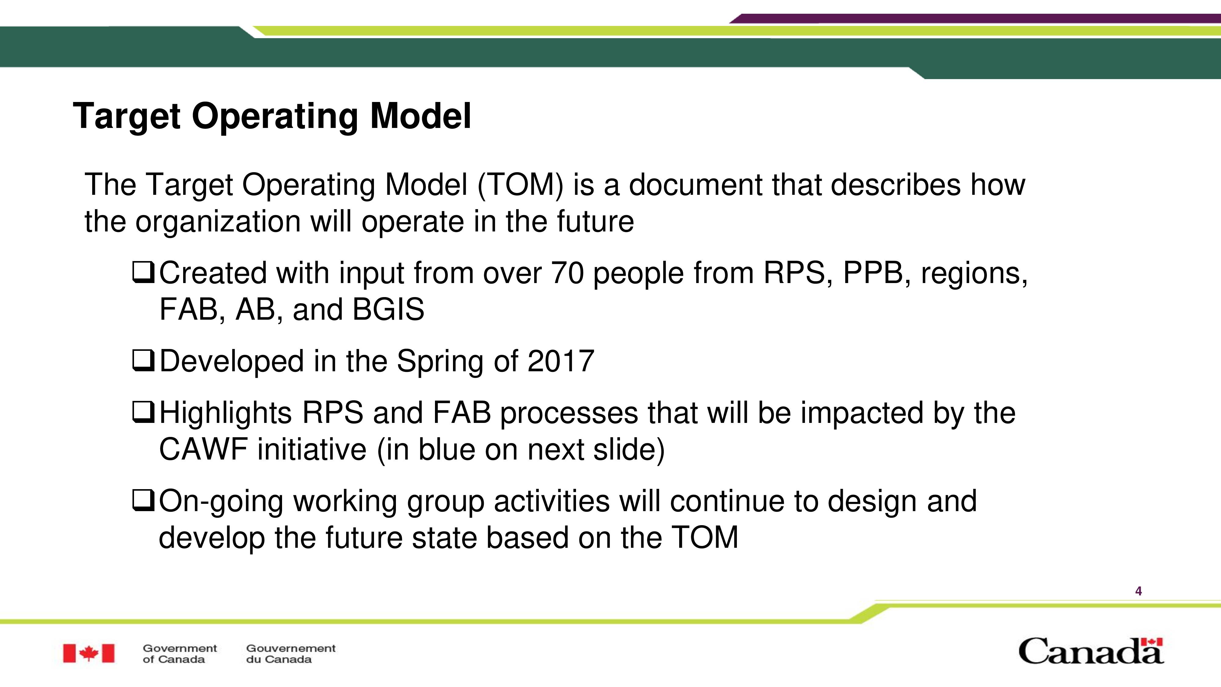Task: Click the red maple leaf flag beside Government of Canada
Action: pyautogui.click(x=89, y=653)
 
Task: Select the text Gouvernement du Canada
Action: pyautogui.click(x=291, y=653)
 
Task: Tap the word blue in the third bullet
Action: pyautogui.click(x=446, y=449)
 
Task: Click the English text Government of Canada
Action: pyautogui.click(x=180, y=653)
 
